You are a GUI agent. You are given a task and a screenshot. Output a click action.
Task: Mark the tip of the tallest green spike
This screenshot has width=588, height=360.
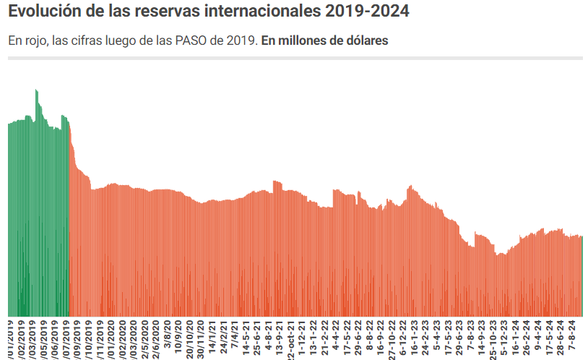pyautogui.click(x=36, y=90)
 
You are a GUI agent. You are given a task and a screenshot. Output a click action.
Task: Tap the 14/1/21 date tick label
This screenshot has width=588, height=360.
pyautogui.click(x=212, y=336)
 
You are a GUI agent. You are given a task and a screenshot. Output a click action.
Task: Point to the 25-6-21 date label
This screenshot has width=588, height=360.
pyautogui.click(x=256, y=336)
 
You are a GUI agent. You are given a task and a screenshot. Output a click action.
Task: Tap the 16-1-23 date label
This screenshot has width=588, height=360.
pyautogui.click(x=413, y=336)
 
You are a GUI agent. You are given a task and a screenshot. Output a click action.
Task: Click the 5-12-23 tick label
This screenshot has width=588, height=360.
pyautogui.click(x=504, y=336)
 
